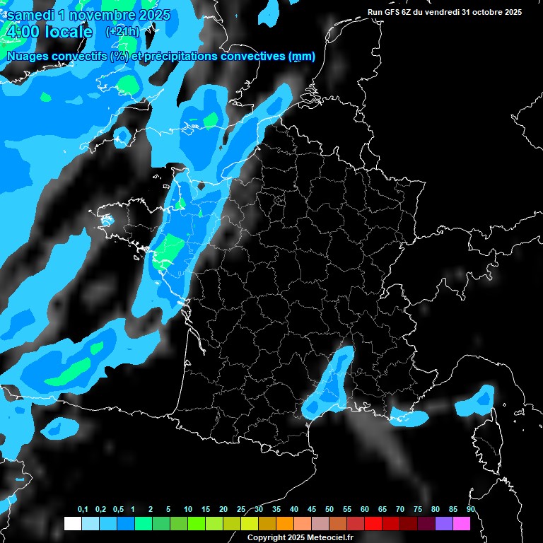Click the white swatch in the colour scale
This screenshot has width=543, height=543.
point(72,524)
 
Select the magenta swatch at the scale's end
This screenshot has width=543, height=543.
point(462,524)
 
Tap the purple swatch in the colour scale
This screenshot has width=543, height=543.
point(444,524)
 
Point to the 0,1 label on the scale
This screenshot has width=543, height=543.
point(83,510)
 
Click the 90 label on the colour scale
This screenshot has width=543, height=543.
point(471,510)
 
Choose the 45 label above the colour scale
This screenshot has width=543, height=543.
point(312,510)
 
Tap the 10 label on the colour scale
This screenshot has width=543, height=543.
point(187,510)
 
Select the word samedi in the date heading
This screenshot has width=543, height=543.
point(29,15)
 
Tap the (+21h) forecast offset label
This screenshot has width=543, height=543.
point(122,32)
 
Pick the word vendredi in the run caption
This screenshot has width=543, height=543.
point(445,12)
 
